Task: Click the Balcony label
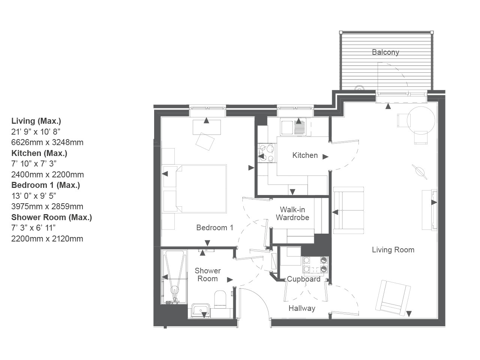tap(385, 52)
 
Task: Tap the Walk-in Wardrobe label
tap(292, 213)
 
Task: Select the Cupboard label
tap(303, 279)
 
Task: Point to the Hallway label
tap(302, 308)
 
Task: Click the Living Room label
tap(393, 250)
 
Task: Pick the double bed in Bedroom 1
tap(201, 189)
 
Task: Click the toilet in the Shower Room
tap(220, 299)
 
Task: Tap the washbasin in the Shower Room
tap(201, 310)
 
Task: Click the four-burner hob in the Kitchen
tap(267, 153)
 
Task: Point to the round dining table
tap(421, 120)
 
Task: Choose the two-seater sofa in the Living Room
tap(349, 210)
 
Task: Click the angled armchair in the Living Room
tap(393, 298)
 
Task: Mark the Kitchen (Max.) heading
tap(39, 153)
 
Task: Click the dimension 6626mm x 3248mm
tap(47, 142)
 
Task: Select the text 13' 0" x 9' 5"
tap(34, 196)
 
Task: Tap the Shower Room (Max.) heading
tap(52, 217)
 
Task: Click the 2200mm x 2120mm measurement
tap(47, 239)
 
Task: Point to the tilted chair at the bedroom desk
tap(205, 141)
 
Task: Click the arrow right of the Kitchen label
tap(325, 156)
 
